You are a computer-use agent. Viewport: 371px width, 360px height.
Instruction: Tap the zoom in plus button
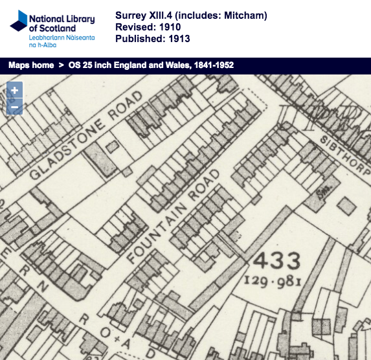(14, 91)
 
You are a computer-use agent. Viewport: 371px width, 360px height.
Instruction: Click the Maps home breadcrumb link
(31, 65)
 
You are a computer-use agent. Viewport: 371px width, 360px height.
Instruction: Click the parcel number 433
(276, 262)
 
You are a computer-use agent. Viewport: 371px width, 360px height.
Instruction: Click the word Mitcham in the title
(247, 16)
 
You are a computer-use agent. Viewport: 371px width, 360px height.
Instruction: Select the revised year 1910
(168, 27)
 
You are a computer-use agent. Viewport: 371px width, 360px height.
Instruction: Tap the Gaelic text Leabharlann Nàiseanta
(62, 38)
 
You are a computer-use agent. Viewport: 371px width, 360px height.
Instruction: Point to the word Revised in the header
(134, 27)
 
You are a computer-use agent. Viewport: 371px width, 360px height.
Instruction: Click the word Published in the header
(138, 39)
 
